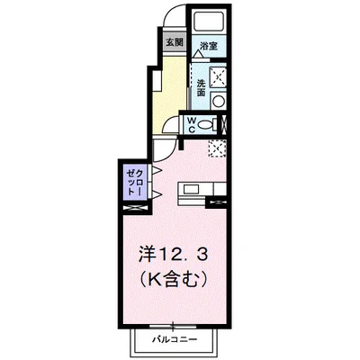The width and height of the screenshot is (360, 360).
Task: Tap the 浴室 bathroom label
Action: (x=208, y=46)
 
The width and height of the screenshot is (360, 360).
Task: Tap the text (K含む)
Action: (x=170, y=279)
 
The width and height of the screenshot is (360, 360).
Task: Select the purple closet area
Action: (x=132, y=184)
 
